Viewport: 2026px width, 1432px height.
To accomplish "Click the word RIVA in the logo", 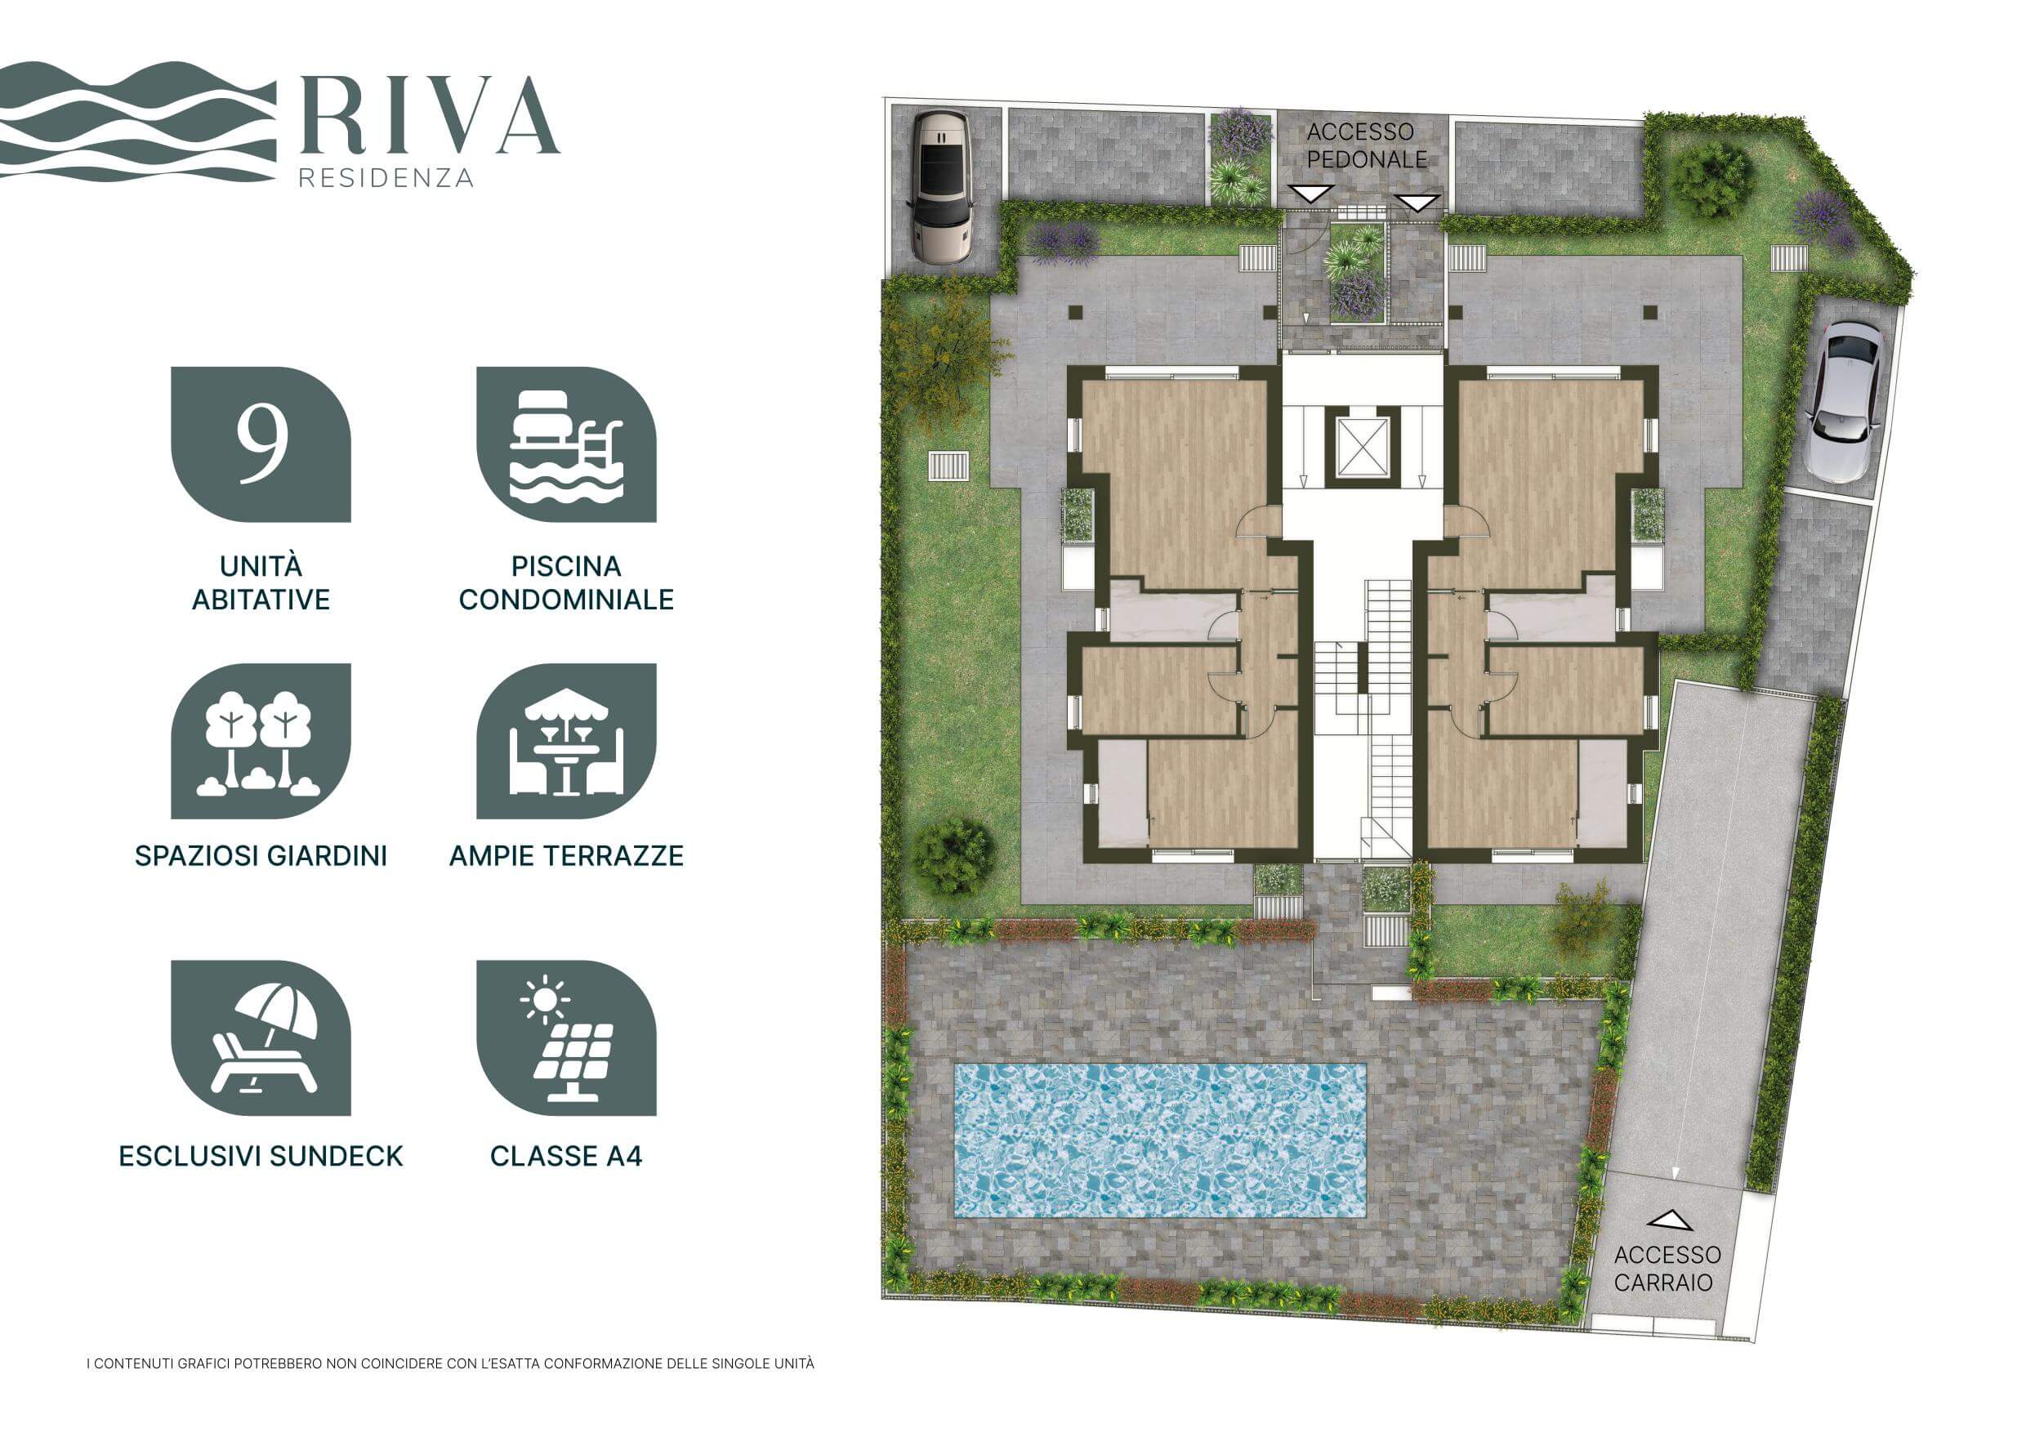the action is tap(430, 115).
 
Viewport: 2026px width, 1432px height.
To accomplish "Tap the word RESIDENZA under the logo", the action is tap(386, 177).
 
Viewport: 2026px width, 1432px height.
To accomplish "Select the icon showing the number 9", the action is tap(261, 444).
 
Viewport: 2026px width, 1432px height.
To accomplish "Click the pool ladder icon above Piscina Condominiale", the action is tap(566, 444).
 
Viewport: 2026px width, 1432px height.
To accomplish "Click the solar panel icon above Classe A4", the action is tap(566, 1037).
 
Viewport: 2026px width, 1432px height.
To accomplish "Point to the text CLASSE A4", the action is tap(566, 1156).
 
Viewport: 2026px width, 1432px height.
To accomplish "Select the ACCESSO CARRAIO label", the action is tap(1667, 1268).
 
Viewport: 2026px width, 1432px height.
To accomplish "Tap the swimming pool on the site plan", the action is tap(1159, 1140).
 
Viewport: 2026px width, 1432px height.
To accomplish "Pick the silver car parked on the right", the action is tap(1842, 400).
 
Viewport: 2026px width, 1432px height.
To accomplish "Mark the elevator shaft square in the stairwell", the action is tap(1363, 447).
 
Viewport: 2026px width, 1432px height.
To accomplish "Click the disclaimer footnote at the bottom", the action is tap(450, 1363).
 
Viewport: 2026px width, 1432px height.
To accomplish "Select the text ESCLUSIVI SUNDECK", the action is tap(261, 1156).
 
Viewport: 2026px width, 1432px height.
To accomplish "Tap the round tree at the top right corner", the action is tap(1710, 179).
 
